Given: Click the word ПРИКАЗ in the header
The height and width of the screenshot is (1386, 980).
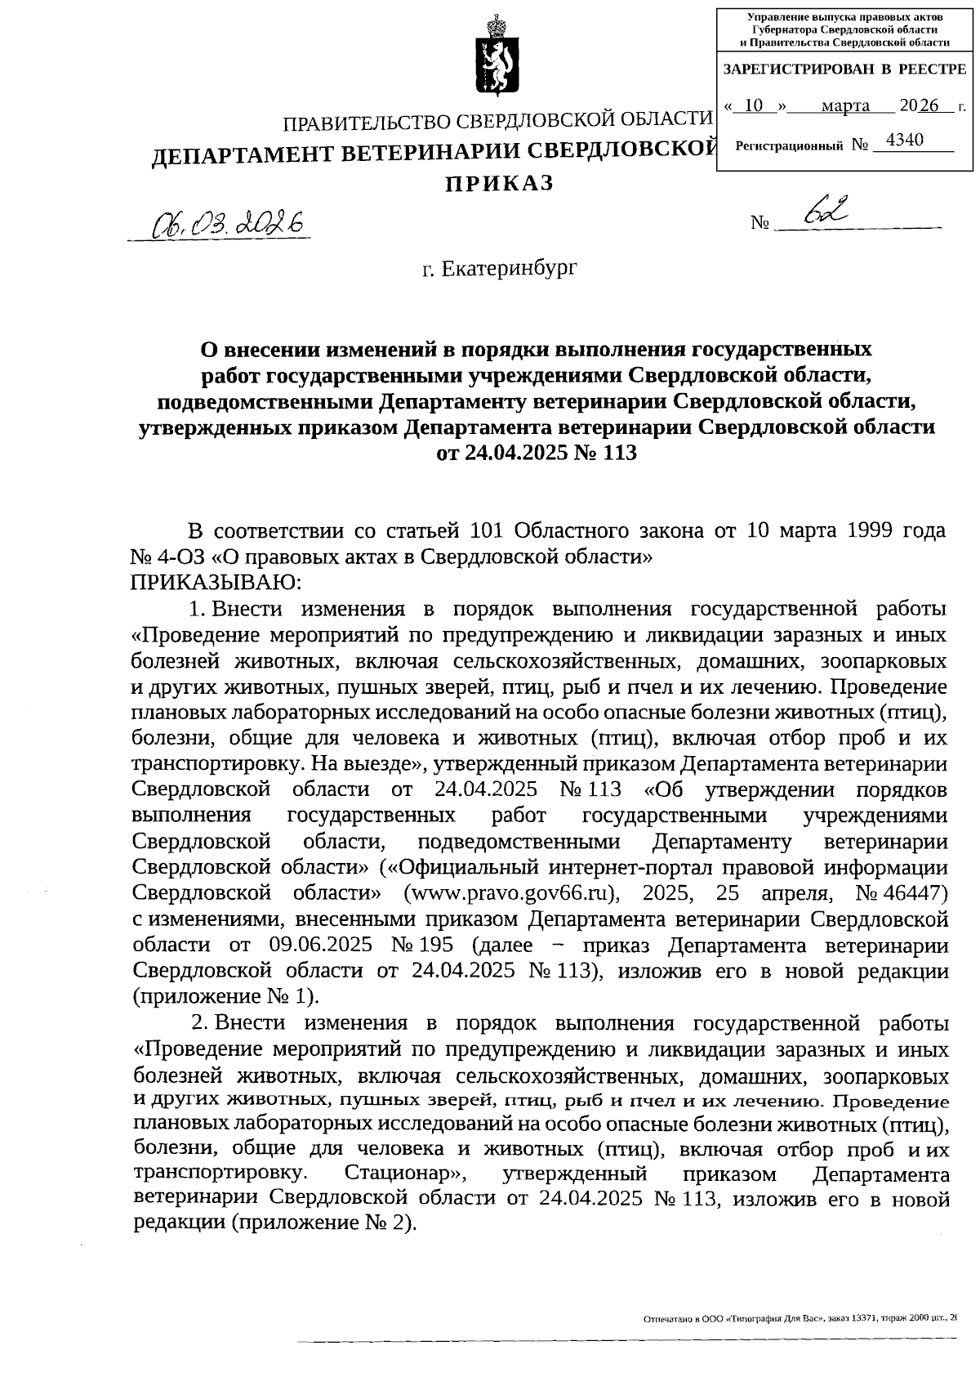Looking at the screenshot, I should [499, 184].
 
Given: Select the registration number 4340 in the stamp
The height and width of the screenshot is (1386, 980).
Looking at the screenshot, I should [904, 141].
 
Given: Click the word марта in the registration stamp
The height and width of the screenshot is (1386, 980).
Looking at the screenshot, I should [845, 106].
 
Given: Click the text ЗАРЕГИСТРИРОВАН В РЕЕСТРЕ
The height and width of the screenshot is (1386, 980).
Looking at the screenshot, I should [844, 69].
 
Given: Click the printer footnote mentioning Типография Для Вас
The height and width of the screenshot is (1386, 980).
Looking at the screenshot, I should [799, 1317].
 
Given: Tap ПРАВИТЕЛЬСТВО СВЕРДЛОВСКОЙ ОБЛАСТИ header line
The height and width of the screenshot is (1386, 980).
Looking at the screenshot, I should [497, 121].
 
